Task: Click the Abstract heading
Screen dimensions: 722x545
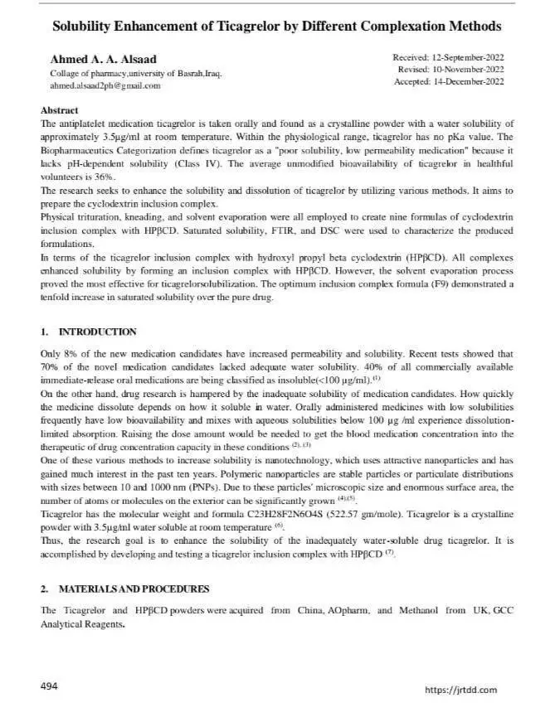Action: click(59, 110)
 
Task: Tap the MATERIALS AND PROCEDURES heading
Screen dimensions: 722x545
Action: click(134, 589)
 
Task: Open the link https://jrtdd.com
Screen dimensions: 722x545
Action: click(460, 690)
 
